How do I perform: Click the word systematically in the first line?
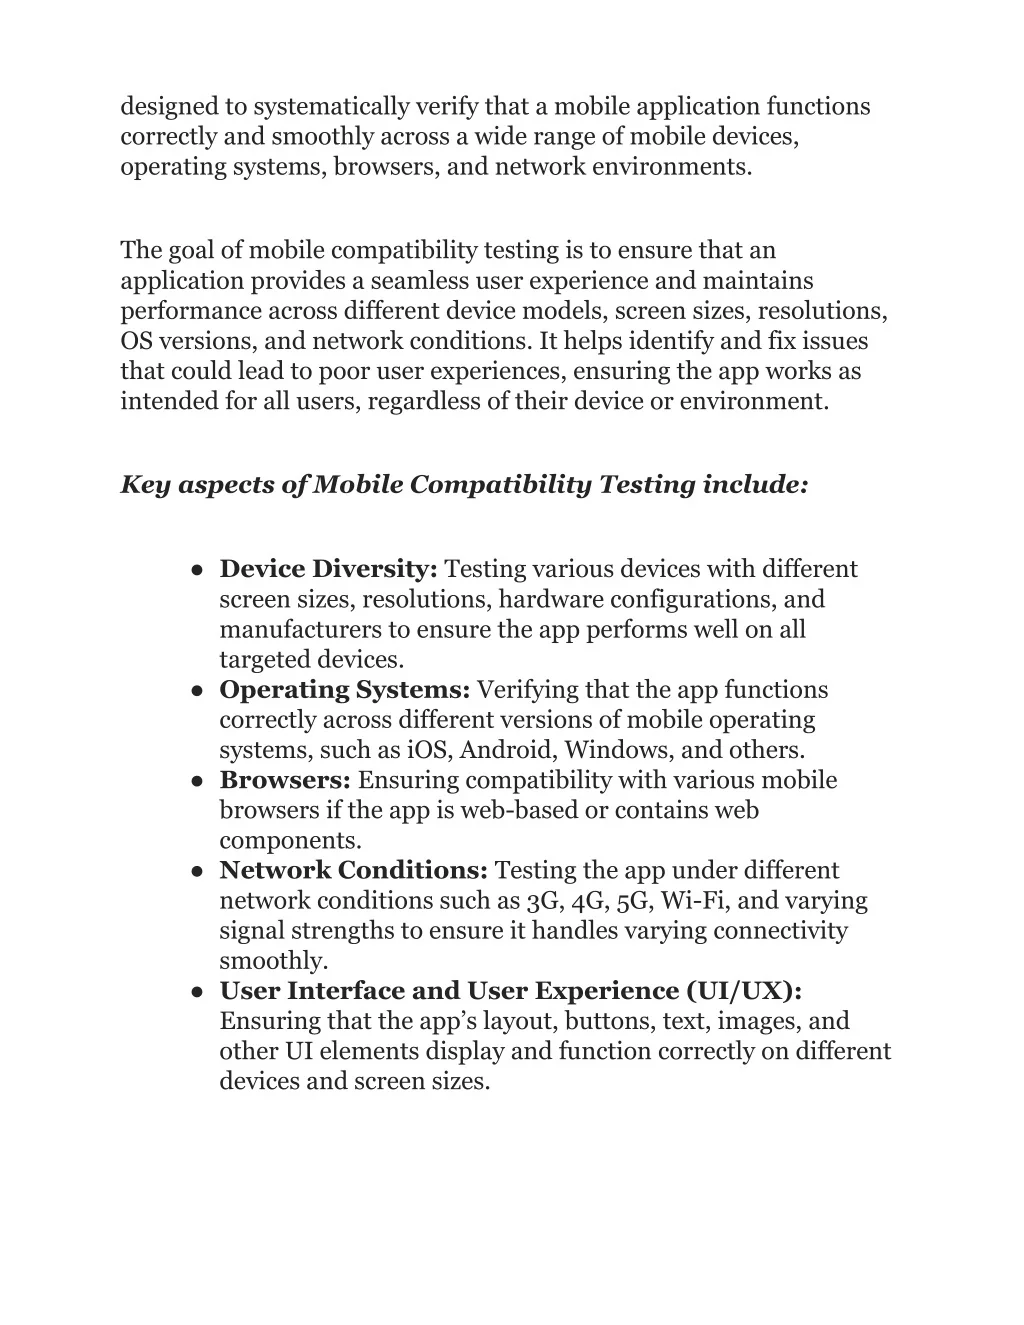[x=330, y=106]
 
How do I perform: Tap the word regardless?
[x=432, y=401]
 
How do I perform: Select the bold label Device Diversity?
[x=329, y=569]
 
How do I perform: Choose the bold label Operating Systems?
[x=345, y=690]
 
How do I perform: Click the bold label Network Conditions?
[x=354, y=871]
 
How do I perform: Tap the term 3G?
[x=542, y=901]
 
